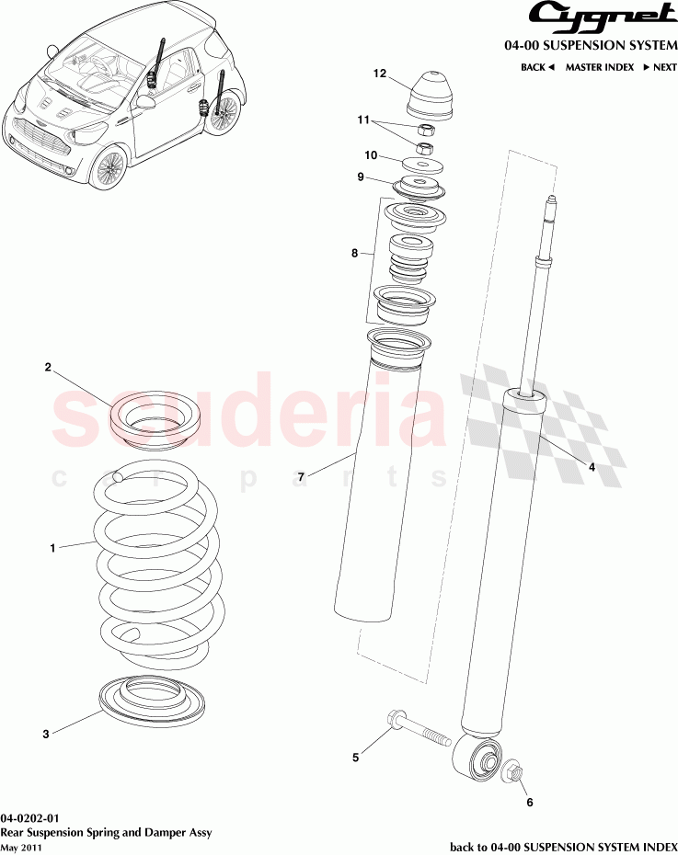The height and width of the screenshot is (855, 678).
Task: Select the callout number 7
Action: point(300,476)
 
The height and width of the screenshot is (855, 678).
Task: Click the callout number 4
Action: point(592,467)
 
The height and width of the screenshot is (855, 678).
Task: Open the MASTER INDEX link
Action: point(599,67)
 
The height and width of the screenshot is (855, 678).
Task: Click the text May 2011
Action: point(21,848)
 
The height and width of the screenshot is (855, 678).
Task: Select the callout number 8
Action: point(355,253)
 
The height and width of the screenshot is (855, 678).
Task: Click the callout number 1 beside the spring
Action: point(52,548)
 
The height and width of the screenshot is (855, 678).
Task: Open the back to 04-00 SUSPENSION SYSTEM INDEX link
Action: point(563,846)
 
